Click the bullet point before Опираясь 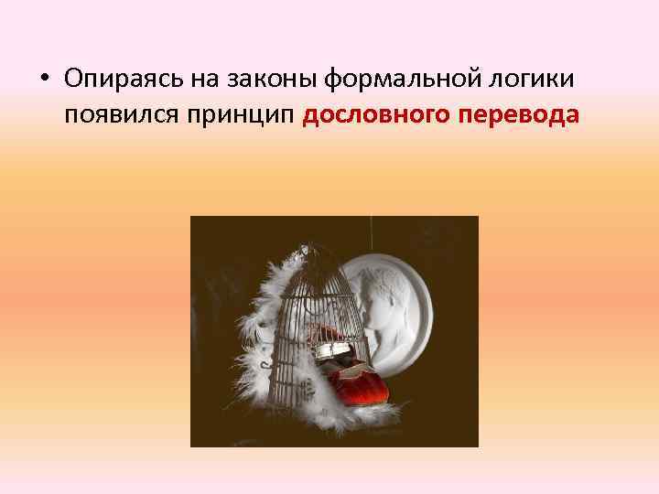[x=45, y=81]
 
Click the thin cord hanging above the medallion [x=371, y=233]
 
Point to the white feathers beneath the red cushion [x=362, y=416]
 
